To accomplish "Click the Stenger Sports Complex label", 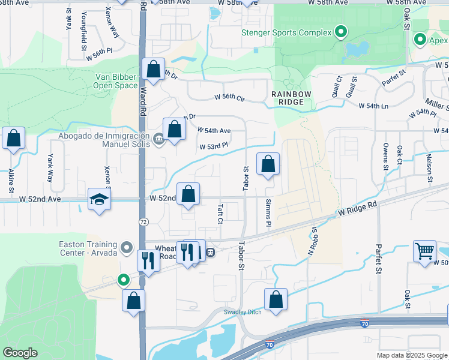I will pos(286,32).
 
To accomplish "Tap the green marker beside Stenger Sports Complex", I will pos(341,32).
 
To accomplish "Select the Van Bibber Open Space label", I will pos(116,81).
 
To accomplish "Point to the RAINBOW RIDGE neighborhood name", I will pos(291,98).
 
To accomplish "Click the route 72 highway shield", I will pos(143,221).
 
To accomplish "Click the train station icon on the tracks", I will pos(211,252).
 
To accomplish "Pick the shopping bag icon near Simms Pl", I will pos(268,164).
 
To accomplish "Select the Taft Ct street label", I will pos(220,212).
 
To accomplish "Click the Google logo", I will pos(20,353).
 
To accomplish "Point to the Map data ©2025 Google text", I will pos(411,355).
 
